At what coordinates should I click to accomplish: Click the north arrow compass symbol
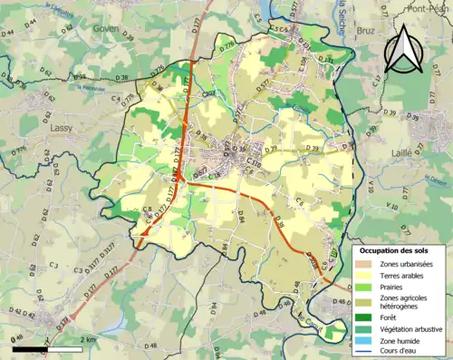[x=404, y=50]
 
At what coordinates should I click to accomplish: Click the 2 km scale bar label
[x=89, y=339]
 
